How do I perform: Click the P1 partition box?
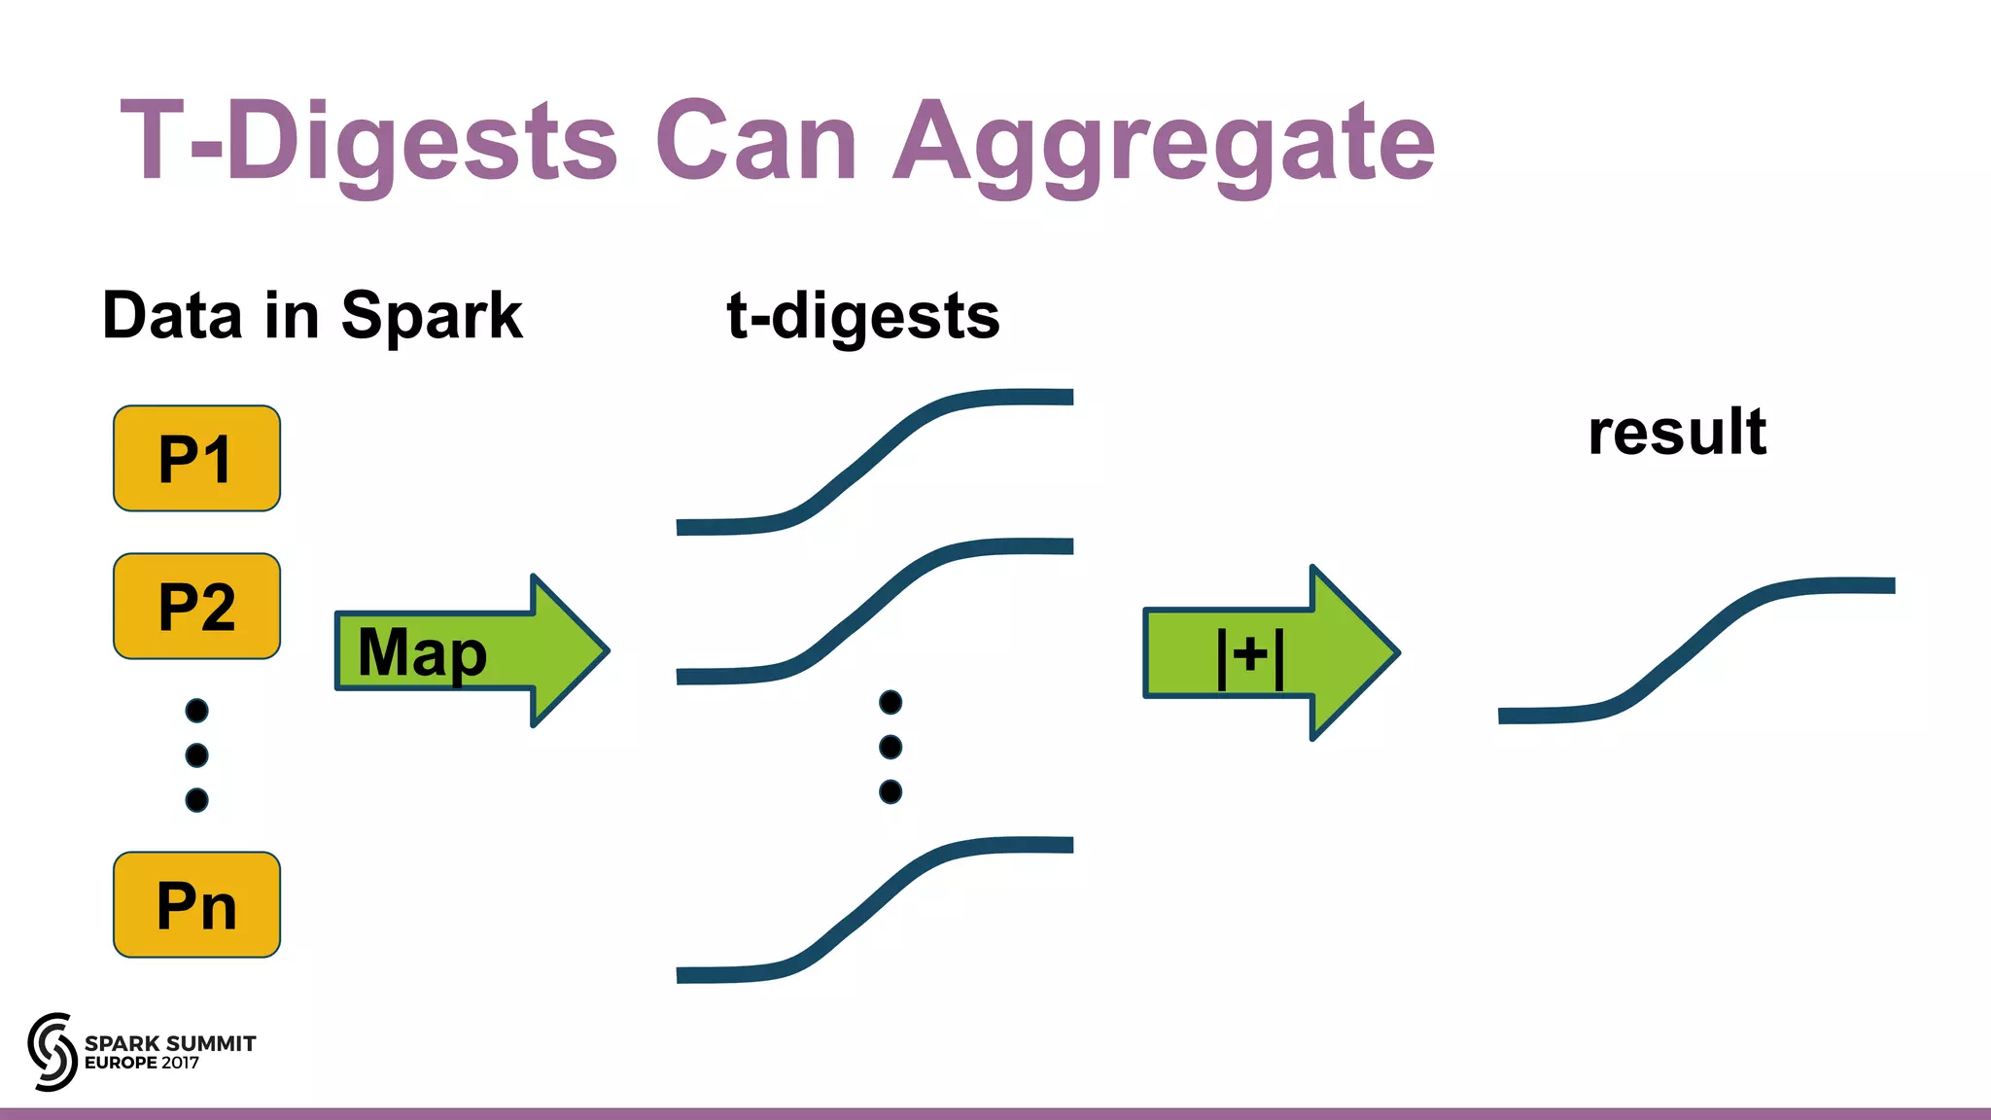pos(196,458)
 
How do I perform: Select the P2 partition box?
pos(196,606)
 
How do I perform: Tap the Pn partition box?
pos(196,904)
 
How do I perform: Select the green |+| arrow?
pos(1269,652)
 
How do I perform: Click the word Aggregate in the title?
pos(1164,143)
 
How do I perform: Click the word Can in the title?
pos(756,141)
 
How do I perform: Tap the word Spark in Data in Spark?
pos(432,316)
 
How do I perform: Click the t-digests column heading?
pos(863,316)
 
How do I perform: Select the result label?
pos(1677,432)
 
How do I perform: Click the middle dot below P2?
pos(196,754)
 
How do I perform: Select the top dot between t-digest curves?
pos(890,702)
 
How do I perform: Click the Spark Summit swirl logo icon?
pos(52,1051)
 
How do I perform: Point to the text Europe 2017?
pos(142,1063)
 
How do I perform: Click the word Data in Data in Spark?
pos(172,316)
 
